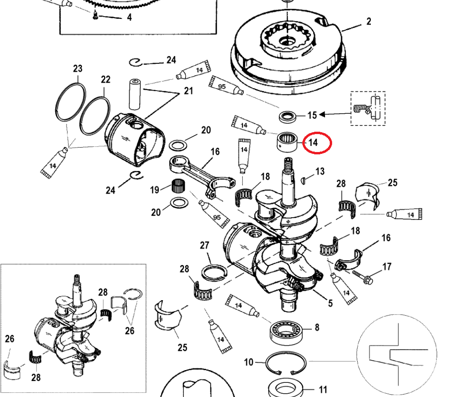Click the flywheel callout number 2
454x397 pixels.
368,21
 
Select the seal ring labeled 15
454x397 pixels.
286,116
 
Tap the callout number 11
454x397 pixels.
323,390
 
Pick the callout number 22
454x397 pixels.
105,79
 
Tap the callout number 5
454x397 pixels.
330,303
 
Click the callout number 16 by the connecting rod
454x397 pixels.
215,152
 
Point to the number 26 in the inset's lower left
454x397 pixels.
9,338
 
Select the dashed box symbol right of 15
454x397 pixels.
368,108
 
